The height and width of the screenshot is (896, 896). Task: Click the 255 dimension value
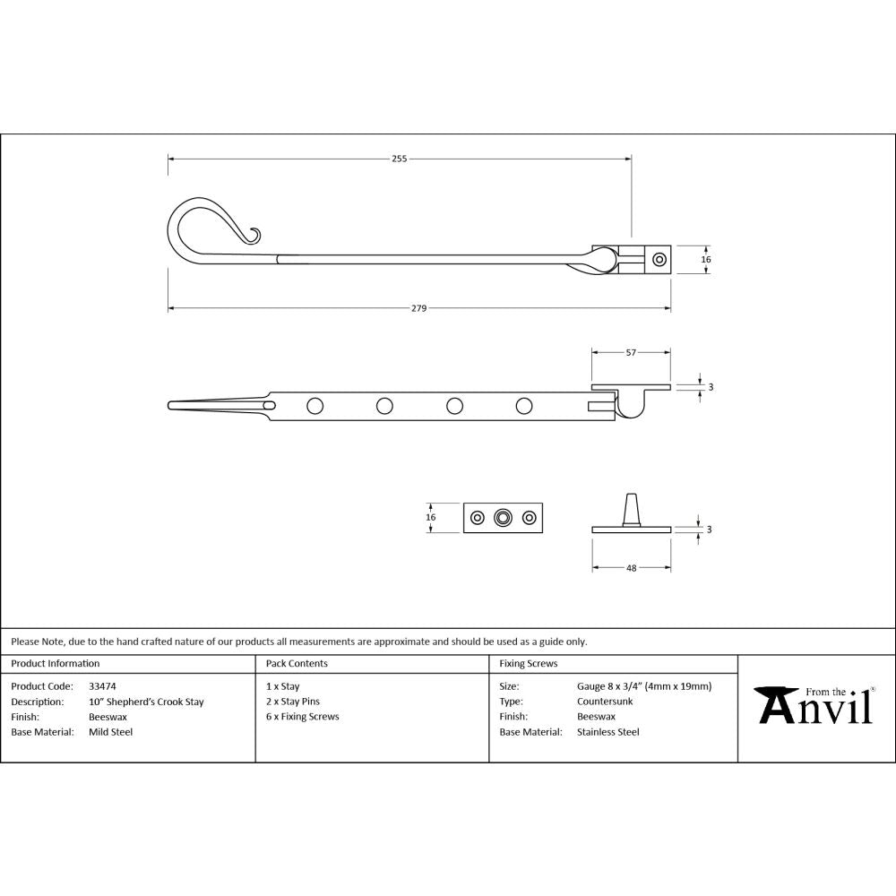pos(399,159)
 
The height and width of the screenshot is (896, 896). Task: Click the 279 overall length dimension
pos(418,308)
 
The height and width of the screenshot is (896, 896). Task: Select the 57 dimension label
pos(631,353)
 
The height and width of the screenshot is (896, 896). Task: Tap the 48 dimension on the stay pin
pos(631,568)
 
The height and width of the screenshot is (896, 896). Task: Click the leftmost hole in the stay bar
pos(314,406)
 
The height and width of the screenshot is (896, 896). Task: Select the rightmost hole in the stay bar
pos(524,406)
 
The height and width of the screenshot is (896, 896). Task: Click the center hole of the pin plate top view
pos(504,517)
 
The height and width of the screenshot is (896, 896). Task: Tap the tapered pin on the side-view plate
pos(632,509)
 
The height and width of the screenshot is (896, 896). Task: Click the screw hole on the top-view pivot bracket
pos(659,259)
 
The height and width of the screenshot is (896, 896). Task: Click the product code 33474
pos(103,686)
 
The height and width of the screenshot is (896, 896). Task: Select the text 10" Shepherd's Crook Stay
pos(146,702)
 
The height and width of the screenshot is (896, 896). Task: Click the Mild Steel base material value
pos(110,732)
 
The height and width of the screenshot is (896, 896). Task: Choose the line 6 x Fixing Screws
pos(303,717)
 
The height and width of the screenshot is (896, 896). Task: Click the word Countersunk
pos(605,702)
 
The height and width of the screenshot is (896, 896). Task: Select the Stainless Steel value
pos(608,732)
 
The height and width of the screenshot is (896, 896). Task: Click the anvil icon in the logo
pos(775,706)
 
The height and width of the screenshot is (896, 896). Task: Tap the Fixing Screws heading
pos(528,664)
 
